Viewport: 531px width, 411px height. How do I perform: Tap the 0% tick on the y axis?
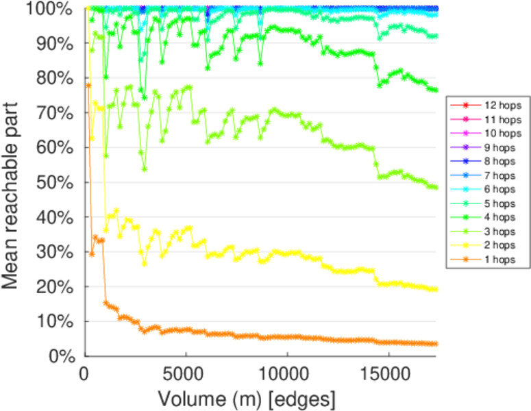[62, 356]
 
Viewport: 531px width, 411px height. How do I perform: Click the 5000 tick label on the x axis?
[186, 373]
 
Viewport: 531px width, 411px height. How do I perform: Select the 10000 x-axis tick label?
[286, 373]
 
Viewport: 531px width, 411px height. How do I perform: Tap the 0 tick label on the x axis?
[85, 373]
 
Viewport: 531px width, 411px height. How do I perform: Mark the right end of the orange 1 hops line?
[436, 344]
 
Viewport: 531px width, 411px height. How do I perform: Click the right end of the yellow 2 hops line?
[436, 290]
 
